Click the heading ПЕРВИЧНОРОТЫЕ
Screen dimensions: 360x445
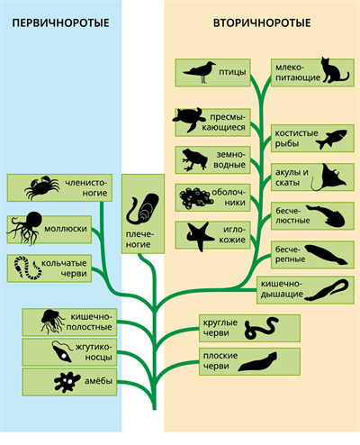pos(60,23)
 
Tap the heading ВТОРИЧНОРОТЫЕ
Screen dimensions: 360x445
pos(262,23)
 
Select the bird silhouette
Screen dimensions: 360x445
pos(200,72)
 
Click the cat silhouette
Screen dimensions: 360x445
pos(334,70)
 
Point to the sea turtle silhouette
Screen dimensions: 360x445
pos(190,120)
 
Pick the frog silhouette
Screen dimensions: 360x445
pos(194,159)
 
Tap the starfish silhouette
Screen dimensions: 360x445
pos(199,236)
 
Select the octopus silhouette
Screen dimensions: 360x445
pos(26,228)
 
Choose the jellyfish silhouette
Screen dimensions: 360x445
pos(52,322)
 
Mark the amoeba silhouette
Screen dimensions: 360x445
pos(67,382)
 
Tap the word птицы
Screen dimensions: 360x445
pos(232,72)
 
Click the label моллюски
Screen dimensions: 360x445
pos(66,229)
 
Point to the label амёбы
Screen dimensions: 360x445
pos(98,381)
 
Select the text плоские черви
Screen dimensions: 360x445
pos(220,360)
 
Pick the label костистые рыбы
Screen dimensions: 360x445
pos(296,138)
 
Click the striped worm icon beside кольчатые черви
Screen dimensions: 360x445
pos(28,268)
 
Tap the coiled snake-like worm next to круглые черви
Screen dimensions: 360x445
pos(261,328)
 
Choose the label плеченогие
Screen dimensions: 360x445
pos(139,240)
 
